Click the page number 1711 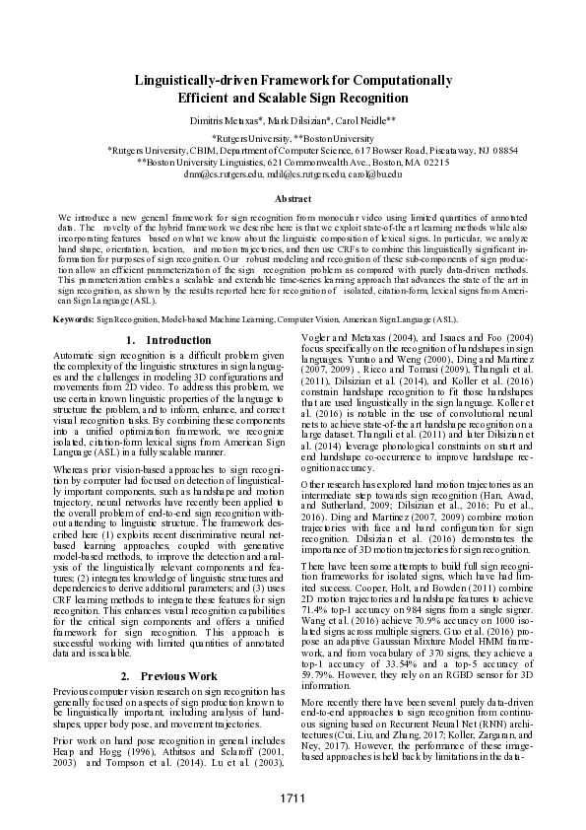293,796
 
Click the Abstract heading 293,199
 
